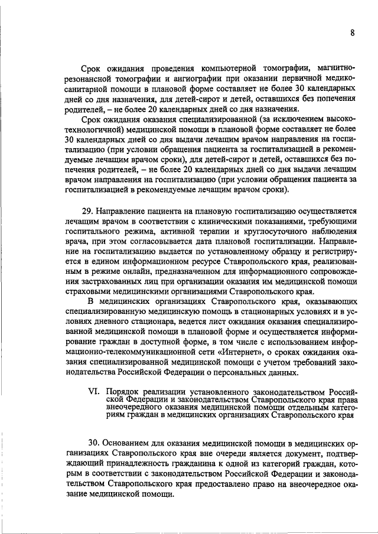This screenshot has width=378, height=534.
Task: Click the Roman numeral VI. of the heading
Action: (94, 391)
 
